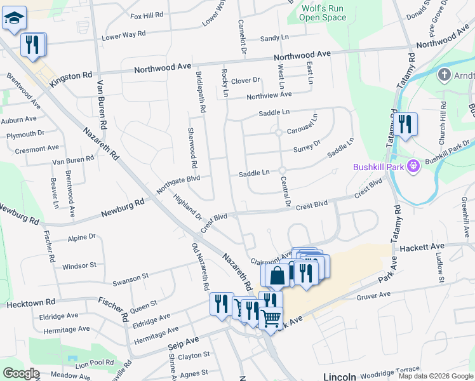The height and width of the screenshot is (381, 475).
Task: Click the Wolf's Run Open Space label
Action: tap(323, 13)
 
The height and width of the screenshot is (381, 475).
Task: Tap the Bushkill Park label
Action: tap(378, 167)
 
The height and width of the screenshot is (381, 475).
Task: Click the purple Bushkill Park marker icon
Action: tap(413, 166)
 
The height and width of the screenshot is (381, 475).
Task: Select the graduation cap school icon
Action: tap(13, 18)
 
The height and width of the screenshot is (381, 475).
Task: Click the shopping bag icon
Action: tap(278, 276)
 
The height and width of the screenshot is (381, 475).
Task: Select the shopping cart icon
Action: tap(271, 318)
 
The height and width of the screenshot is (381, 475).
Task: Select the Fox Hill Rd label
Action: tap(147, 14)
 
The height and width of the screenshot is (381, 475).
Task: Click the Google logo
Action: tap(20, 373)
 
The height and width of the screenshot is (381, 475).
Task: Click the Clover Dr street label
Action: tap(246, 81)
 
